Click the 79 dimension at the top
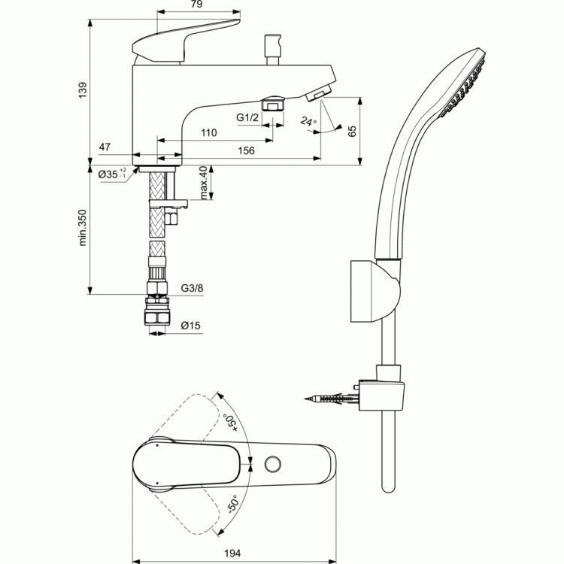click(196, 4)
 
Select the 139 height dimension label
click(83, 90)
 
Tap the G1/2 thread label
click(247, 117)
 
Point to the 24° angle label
click(308, 121)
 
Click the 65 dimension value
click(352, 131)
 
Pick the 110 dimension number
click(208, 132)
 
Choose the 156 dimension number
click(246, 150)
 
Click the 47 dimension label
click(105, 147)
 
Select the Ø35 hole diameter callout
click(112, 174)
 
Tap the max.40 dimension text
click(204, 183)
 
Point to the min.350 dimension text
click(83, 228)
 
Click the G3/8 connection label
click(192, 288)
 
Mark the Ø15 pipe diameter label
click(191, 326)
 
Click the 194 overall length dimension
click(232, 553)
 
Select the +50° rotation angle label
click(230, 423)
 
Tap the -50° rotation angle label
click(233, 504)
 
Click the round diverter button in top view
click(273, 464)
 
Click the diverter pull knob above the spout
click(272, 50)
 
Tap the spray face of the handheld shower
click(463, 86)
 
